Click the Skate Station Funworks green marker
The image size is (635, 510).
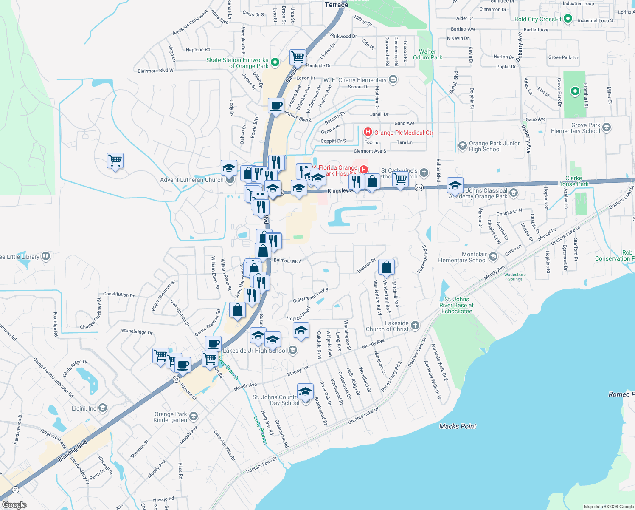[275, 63]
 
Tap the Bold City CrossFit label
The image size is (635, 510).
[537, 19]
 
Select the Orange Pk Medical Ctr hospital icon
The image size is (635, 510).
[368, 133]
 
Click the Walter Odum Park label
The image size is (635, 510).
[427, 54]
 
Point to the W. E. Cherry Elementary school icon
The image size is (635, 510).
[393, 79]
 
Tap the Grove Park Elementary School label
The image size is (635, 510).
[575, 128]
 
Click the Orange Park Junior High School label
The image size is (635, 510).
[494, 146]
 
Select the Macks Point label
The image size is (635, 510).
[458, 426]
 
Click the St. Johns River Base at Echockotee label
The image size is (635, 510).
[456, 305]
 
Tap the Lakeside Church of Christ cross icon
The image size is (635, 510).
[415, 326]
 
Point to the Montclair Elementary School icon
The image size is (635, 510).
[493, 257]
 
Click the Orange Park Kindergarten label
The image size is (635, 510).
[170, 417]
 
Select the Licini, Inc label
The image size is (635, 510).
[84, 408]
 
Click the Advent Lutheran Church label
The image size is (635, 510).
[191, 180]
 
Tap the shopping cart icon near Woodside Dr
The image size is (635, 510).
[298, 57]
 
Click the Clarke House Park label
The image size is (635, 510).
[573, 181]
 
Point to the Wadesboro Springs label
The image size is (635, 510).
[515, 277]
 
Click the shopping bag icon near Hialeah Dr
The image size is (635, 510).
[386, 267]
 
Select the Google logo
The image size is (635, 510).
[14, 504]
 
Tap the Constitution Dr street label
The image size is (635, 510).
[118, 294]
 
